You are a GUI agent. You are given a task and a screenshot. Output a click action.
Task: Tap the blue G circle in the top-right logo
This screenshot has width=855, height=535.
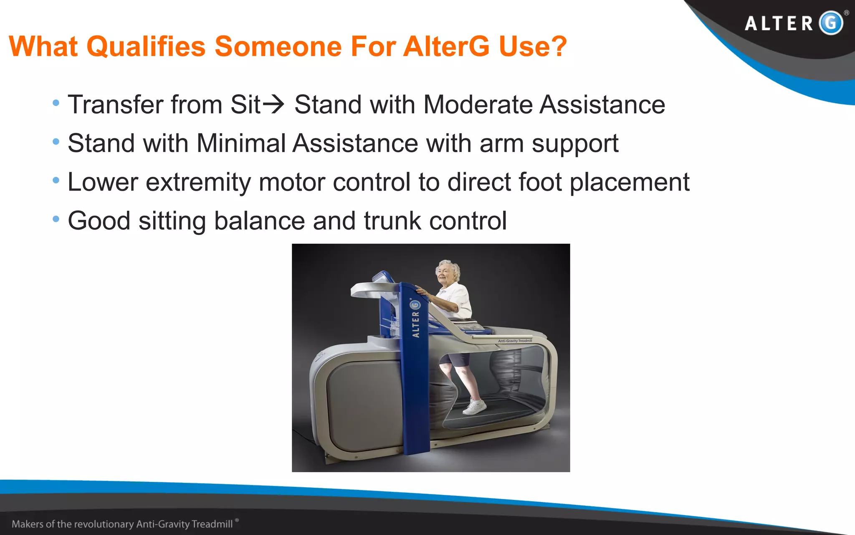pos(830,23)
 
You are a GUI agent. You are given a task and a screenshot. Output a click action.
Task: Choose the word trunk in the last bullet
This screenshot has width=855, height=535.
pos(392,221)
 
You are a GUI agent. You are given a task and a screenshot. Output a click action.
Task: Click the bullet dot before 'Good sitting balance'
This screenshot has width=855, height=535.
pos(56,219)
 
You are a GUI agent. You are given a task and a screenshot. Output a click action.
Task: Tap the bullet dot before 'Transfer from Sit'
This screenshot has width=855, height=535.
pos(56,103)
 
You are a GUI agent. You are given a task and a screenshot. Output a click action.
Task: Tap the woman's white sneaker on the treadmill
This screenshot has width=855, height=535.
pos(475,407)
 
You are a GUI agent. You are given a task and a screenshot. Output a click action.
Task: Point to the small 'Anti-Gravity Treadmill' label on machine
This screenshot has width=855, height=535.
pos(515,341)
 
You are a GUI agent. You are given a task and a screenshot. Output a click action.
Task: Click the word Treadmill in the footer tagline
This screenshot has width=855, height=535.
pos(212,524)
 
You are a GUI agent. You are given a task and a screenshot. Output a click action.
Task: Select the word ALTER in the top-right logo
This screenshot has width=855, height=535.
pos(779,23)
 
